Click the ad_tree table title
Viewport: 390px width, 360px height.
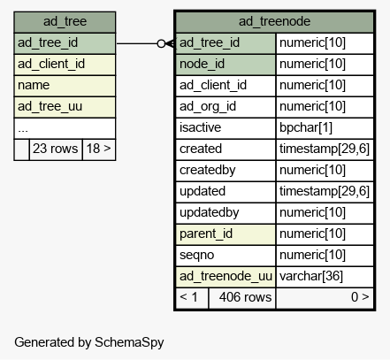click(65, 21)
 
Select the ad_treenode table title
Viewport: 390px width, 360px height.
click(274, 21)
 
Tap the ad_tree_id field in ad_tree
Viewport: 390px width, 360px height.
click(65, 43)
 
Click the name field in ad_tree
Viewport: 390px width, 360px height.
click(65, 86)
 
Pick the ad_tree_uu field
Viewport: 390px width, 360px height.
click(65, 107)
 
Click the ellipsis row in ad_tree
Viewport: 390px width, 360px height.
click(65, 128)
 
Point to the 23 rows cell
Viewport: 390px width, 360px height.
click(56, 149)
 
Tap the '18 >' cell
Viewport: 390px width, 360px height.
click(99, 149)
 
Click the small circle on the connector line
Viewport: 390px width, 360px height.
click(161, 43)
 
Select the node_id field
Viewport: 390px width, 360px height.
click(226, 65)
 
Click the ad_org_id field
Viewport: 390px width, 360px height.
click(226, 107)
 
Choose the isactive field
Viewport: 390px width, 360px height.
click(226, 128)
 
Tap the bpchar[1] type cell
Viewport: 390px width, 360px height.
click(325, 128)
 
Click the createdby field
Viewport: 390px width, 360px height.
click(226, 171)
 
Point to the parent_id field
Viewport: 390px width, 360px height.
click(226, 234)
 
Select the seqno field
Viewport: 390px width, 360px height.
click(226, 256)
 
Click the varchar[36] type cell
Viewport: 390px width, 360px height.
click(325, 277)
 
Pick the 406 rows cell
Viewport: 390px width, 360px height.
click(242, 298)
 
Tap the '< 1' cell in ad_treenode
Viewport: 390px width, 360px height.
click(192, 298)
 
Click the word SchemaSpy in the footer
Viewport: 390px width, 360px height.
click(129, 343)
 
